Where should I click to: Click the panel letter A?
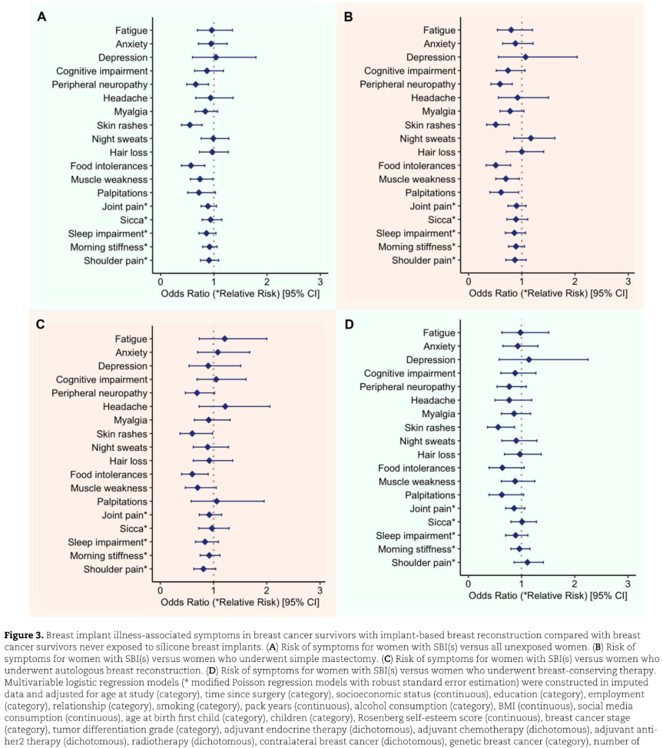[x=41, y=17]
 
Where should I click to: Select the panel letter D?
[x=349, y=325]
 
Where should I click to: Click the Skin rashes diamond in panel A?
[x=190, y=125]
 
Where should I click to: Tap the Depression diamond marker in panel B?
[x=525, y=57]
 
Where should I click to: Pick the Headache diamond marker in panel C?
[x=225, y=406]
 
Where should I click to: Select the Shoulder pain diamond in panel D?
[x=527, y=562]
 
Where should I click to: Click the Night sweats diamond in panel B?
[x=531, y=139]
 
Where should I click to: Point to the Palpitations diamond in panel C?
[x=217, y=501]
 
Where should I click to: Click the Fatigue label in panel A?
[x=131, y=30]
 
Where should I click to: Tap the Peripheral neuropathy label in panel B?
[x=408, y=84]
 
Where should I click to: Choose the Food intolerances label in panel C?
[x=109, y=474]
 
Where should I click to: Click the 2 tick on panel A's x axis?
[x=266, y=282]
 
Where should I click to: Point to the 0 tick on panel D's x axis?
[x=468, y=584]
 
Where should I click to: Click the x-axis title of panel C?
[x=239, y=602]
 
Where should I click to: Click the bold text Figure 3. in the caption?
[x=24, y=635]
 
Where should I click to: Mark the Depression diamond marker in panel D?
[x=529, y=360]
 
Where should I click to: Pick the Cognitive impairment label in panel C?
[x=101, y=380]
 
